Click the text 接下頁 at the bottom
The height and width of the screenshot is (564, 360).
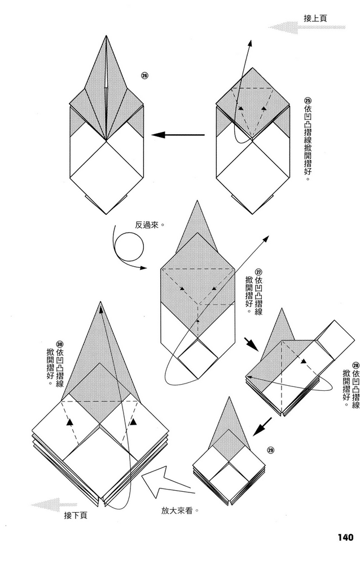[x=76, y=514]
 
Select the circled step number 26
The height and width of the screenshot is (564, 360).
[x=144, y=76]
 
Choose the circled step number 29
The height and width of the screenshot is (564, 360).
[x=271, y=450]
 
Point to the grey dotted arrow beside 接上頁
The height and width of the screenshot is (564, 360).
[x=286, y=27]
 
